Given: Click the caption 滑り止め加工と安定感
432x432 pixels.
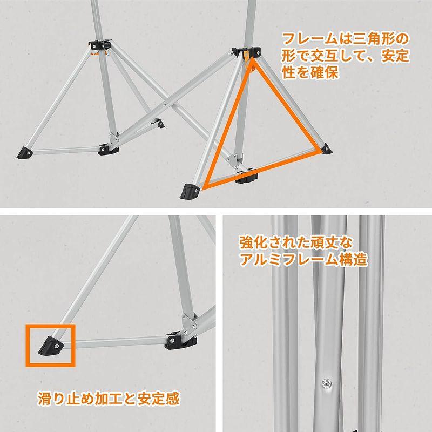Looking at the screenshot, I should pos(109,400).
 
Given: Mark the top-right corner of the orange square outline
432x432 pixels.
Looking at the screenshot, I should pos(72,326).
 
